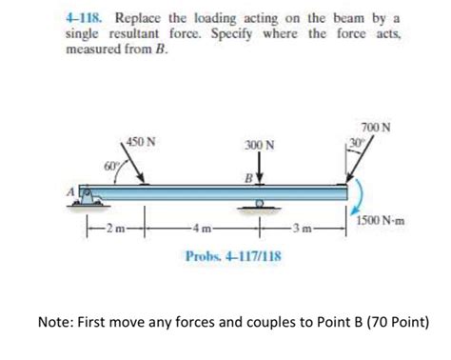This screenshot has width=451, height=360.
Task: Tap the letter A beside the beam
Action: pyautogui.click(x=69, y=190)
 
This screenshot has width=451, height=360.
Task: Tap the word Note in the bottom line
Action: pyautogui.click(x=53, y=322)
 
